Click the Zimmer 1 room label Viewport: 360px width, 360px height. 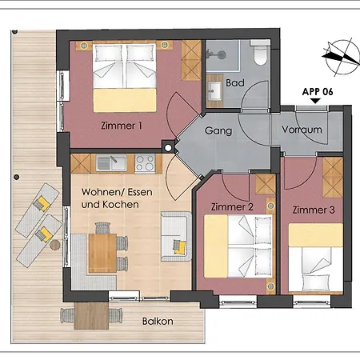click(122, 126)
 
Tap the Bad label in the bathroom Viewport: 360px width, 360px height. click(235, 82)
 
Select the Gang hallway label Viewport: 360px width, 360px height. click(218, 130)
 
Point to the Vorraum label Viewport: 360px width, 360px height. click(302, 130)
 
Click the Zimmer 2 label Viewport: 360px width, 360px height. click(232, 206)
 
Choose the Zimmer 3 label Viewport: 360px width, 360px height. click(314, 210)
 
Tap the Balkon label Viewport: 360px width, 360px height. click(158, 321)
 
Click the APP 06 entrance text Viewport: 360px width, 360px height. click(318, 92)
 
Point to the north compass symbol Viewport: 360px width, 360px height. click(342, 58)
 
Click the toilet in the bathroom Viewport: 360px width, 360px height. click(260, 53)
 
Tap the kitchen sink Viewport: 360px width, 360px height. click(111, 163)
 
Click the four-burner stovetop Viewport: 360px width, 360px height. click(145, 163)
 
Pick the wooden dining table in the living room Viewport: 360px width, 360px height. click(102, 253)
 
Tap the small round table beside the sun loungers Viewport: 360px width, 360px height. click(55, 245)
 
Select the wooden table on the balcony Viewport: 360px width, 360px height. click(91, 316)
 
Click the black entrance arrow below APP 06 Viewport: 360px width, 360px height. click(315, 101)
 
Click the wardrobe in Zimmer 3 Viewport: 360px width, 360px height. click(333, 178)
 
